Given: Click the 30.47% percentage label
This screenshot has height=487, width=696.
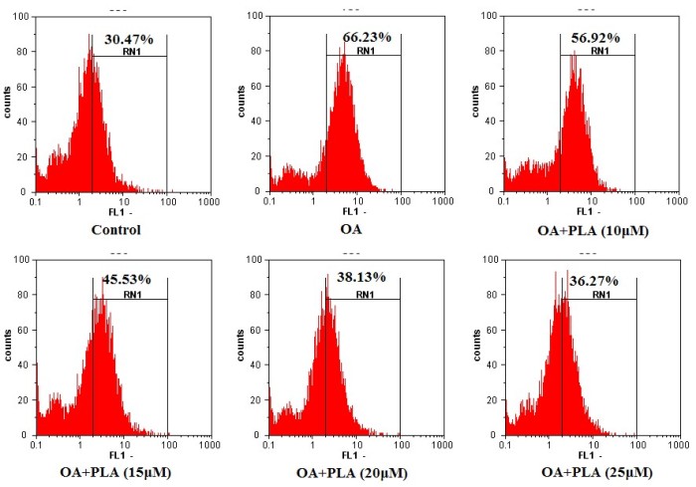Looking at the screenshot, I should click(129, 39).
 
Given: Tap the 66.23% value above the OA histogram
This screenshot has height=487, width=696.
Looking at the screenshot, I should click(364, 38).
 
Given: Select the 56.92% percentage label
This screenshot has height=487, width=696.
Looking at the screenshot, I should click(597, 38).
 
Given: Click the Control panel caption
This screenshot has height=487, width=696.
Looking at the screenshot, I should click(114, 230).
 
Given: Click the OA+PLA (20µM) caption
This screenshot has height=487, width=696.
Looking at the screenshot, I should click(350, 471).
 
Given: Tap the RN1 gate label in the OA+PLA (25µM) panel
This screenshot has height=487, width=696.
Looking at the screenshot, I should click(601, 296).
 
